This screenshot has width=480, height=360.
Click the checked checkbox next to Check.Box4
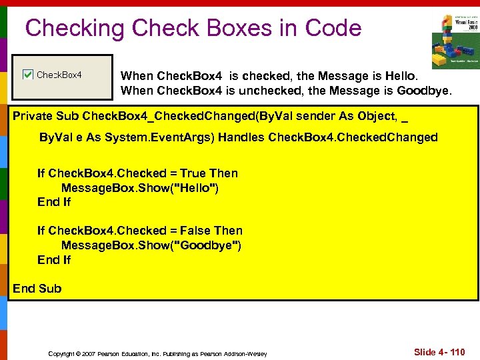(x=28, y=75)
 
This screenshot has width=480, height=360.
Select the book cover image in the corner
(x=455, y=41)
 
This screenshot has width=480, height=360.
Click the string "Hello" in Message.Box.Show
(x=195, y=188)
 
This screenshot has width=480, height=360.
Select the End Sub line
(x=37, y=289)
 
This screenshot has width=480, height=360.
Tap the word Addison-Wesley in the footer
(x=246, y=353)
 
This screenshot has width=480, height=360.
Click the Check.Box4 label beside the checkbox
(x=59, y=75)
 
